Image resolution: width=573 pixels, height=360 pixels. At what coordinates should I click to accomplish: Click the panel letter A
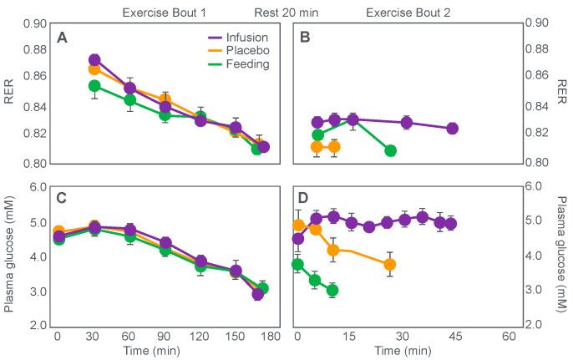pos(62,38)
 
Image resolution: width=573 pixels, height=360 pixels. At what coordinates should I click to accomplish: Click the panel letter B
pos(306,38)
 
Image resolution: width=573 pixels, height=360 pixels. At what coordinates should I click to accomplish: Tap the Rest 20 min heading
pos(286,13)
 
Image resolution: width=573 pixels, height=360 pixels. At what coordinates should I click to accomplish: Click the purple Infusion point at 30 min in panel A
pos(94,60)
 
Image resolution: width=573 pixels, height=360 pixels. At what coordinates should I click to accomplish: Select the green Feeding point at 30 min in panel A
pos(94,86)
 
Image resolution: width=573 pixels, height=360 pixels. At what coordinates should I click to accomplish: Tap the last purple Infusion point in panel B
pos(452,128)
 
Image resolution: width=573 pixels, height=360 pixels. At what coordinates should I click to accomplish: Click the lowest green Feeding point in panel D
pos(332,291)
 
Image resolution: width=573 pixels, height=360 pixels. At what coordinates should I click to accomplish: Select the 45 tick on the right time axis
pos(455,336)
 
